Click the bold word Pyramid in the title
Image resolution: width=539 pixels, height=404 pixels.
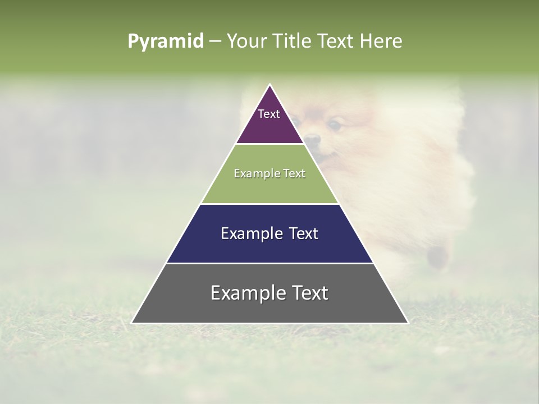point(166,41)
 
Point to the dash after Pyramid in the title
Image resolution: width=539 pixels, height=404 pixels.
point(215,42)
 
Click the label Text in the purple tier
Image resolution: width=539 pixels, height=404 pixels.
point(269,114)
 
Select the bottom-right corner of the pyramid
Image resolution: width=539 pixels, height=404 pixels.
point(408,323)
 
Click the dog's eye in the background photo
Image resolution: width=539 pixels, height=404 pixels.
point(335,125)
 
